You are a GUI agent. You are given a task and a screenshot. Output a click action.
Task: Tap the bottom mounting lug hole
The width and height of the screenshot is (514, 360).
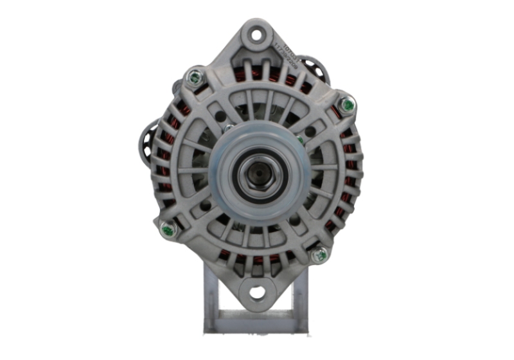257,294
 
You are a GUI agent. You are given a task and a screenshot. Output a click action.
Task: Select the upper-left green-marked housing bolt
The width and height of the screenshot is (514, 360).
193,78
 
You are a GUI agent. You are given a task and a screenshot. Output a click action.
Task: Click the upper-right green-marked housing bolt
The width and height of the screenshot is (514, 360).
348,104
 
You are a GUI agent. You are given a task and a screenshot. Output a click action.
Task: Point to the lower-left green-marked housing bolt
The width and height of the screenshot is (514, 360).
168,228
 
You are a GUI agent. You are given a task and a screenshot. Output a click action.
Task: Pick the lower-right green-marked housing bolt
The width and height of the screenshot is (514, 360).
319,255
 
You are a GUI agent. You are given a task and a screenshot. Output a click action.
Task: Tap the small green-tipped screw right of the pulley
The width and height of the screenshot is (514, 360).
300,140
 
